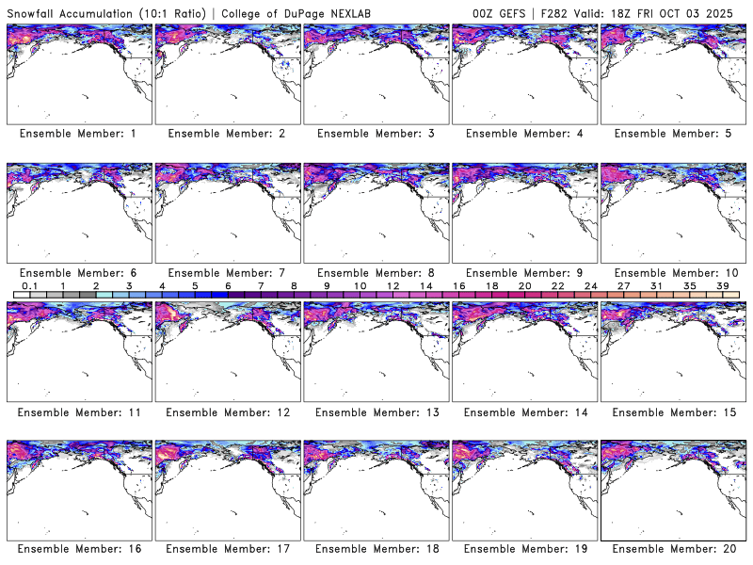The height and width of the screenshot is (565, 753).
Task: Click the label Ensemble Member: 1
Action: click(78, 134)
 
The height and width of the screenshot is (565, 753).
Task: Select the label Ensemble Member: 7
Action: click(227, 273)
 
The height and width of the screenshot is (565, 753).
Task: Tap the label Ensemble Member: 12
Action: click(227, 412)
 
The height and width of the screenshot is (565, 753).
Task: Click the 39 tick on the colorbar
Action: click(723, 285)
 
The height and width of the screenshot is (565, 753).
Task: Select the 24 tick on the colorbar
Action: click(590, 285)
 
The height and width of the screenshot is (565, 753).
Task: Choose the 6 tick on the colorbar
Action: click(228, 285)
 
